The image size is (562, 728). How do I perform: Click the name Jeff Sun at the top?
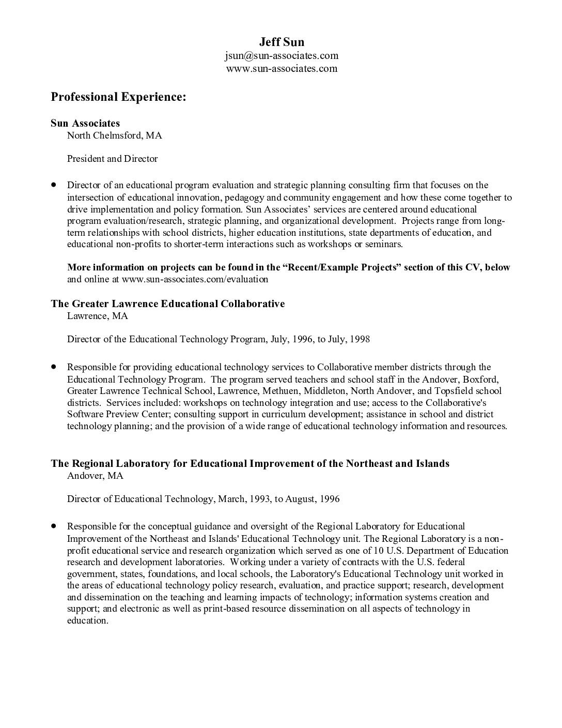coord(282,42)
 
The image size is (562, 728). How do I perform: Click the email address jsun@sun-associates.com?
coord(282,55)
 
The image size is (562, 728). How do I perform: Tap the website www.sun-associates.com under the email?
coord(282,68)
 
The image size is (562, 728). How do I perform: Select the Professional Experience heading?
coord(118,97)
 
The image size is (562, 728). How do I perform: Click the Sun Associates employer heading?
coord(85,123)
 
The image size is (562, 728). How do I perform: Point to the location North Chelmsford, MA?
coord(114,135)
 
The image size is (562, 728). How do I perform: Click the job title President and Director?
coord(112,159)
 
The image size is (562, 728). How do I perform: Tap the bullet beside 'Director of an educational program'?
coord(53,185)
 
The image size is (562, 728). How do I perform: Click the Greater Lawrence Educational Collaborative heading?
coord(168,304)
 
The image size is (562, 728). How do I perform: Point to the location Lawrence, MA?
coord(98,316)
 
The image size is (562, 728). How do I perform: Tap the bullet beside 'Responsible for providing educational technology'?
coord(53,367)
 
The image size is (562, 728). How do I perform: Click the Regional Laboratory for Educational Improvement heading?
coord(250,463)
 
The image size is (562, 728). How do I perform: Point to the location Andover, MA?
coord(95,476)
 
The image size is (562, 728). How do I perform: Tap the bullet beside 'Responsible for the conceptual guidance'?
coord(53,526)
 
